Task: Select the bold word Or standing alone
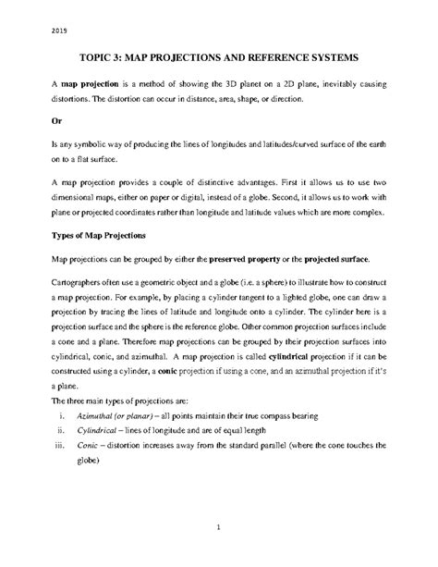(57, 120)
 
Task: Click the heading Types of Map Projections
(100, 238)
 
